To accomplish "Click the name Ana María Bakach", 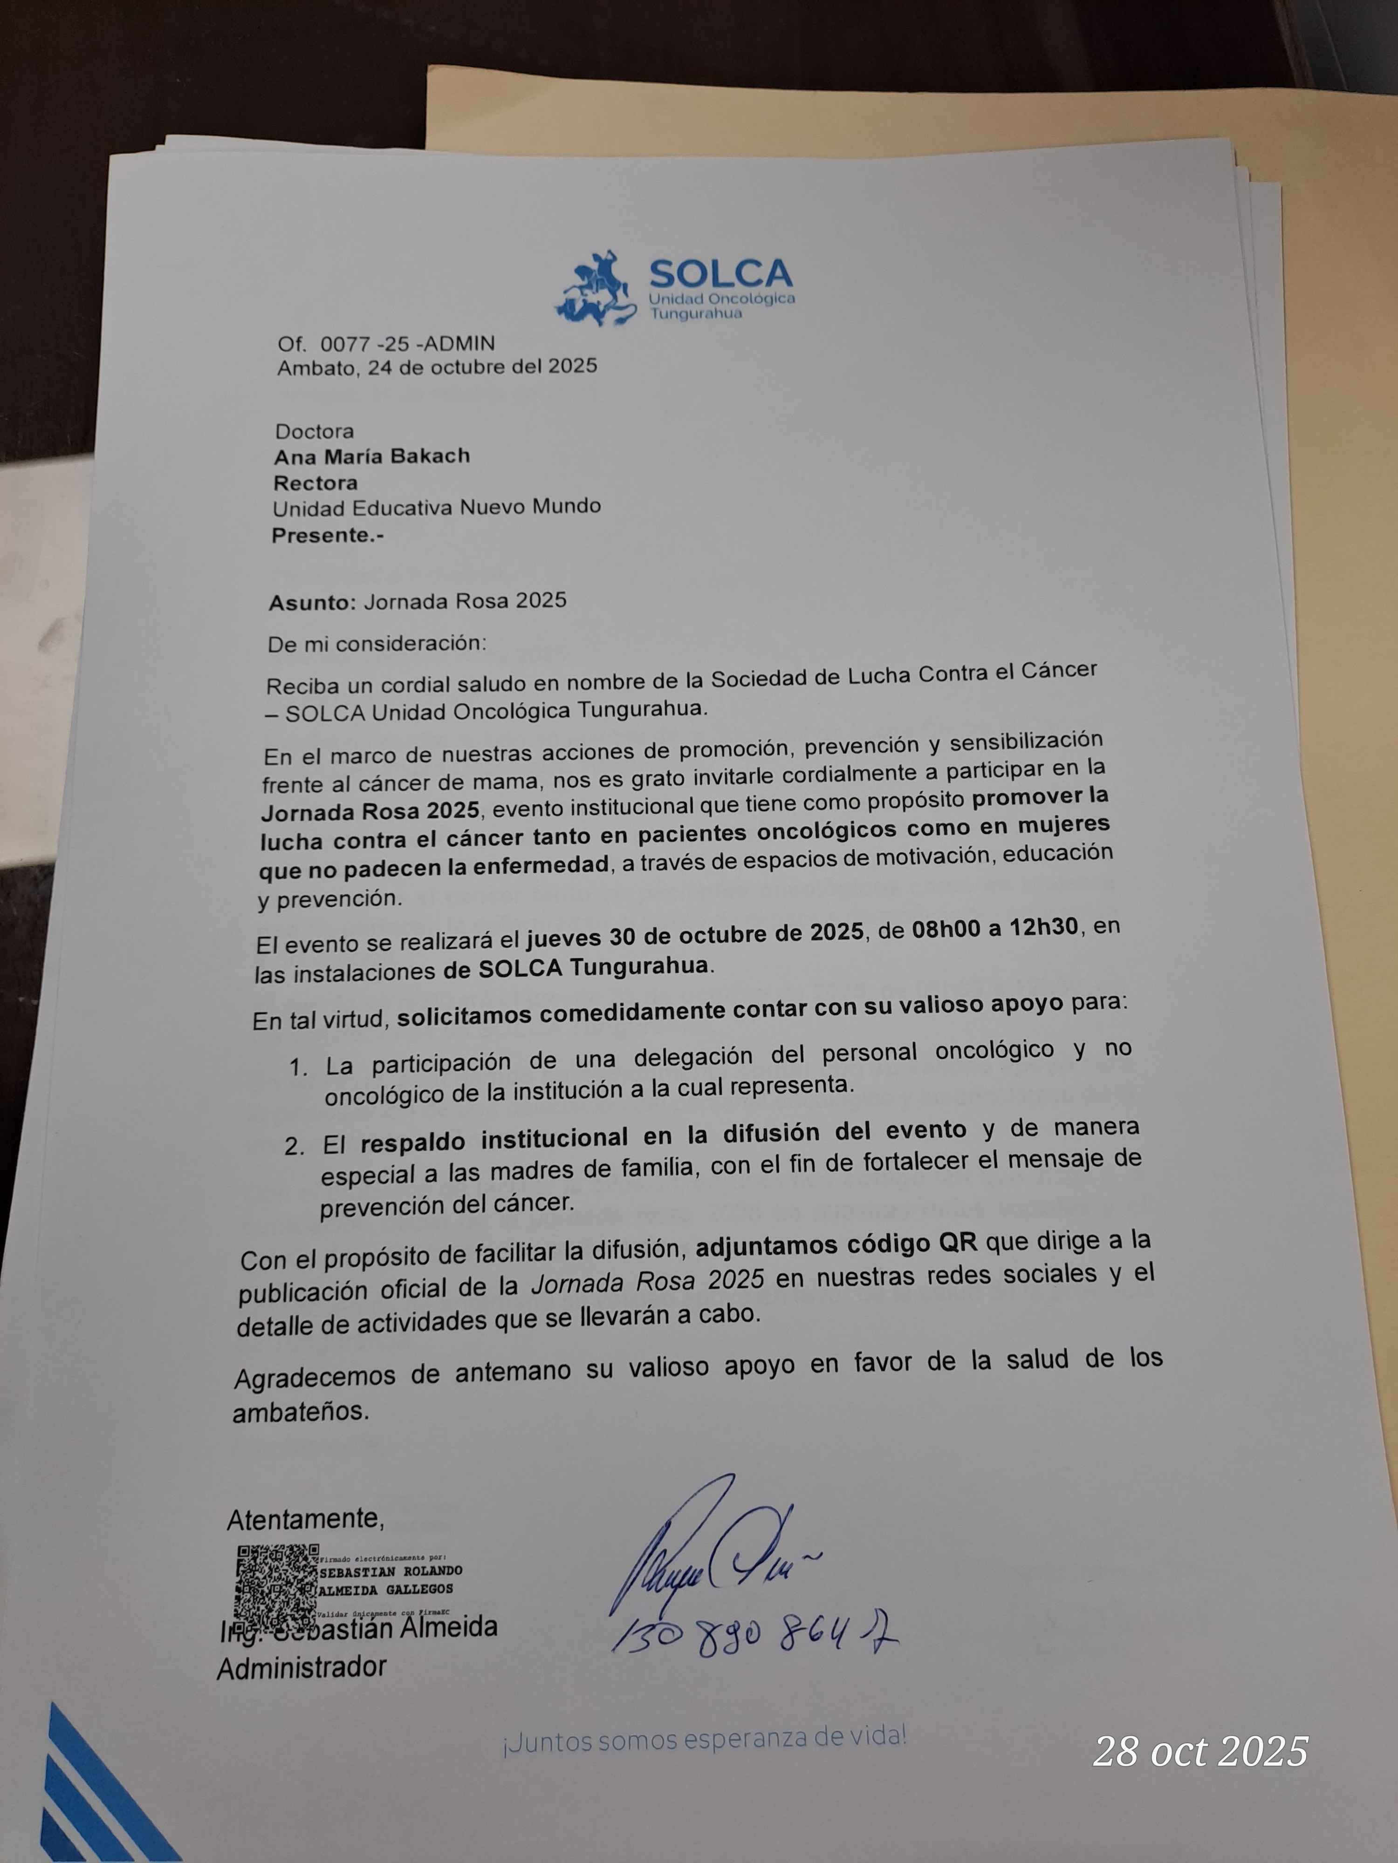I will (371, 456).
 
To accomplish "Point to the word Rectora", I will (315, 483).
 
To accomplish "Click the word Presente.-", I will (327, 535).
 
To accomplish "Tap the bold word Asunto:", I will (313, 602).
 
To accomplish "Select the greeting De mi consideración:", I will (377, 644).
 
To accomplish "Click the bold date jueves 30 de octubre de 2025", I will (695, 932).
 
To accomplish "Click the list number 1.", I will (298, 1068).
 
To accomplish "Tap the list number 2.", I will (293, 1147).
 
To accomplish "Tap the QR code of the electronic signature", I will (275, 1584).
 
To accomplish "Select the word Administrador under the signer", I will (302, 1667).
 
